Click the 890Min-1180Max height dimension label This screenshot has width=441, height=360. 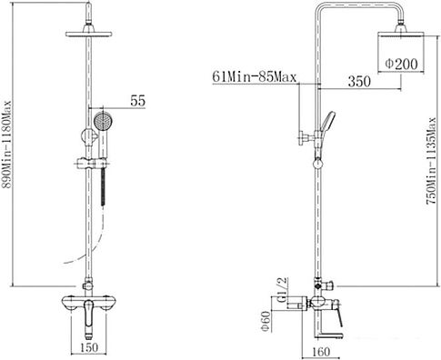[6, 145]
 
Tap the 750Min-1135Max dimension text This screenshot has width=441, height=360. [432, 161]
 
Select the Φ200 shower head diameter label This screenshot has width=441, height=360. [401, 64]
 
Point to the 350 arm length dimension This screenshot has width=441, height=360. [359, 81]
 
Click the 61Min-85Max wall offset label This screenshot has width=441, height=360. [254, 76]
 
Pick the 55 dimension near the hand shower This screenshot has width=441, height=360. [138, 101]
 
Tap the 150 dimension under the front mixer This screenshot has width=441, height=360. [88, 347]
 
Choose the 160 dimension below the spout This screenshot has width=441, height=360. [321, 352]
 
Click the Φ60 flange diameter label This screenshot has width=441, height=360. [266, 321]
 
